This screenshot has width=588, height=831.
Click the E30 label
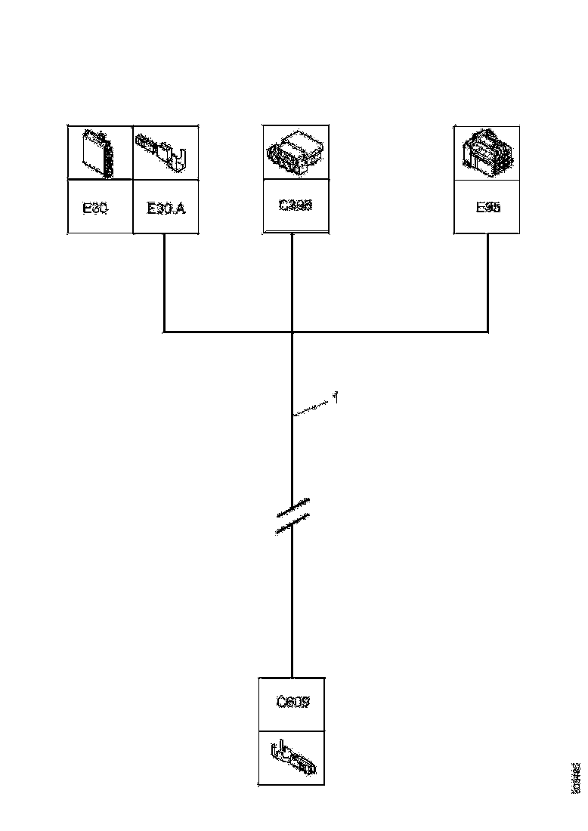(x=96, y=208)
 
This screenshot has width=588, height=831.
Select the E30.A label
(x=166, y=208)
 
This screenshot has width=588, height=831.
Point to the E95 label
(x=487, y=207)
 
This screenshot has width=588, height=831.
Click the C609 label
(x=292, y=702)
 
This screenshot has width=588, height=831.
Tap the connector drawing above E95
(x=487, y=151)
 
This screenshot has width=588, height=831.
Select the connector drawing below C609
(x=293, y=758)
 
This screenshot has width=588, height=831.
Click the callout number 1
(x=335, y=396)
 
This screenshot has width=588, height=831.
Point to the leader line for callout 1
(x=313, y=406)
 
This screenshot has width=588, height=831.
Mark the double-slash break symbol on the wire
(x=292, y=517)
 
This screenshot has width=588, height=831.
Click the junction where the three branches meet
(x=292, y=331)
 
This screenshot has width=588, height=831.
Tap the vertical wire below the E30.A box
(x=165, y=283)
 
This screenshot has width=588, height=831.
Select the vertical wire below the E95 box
(x=487, y=283)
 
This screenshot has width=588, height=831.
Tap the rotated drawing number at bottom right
(x=575, y=777)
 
